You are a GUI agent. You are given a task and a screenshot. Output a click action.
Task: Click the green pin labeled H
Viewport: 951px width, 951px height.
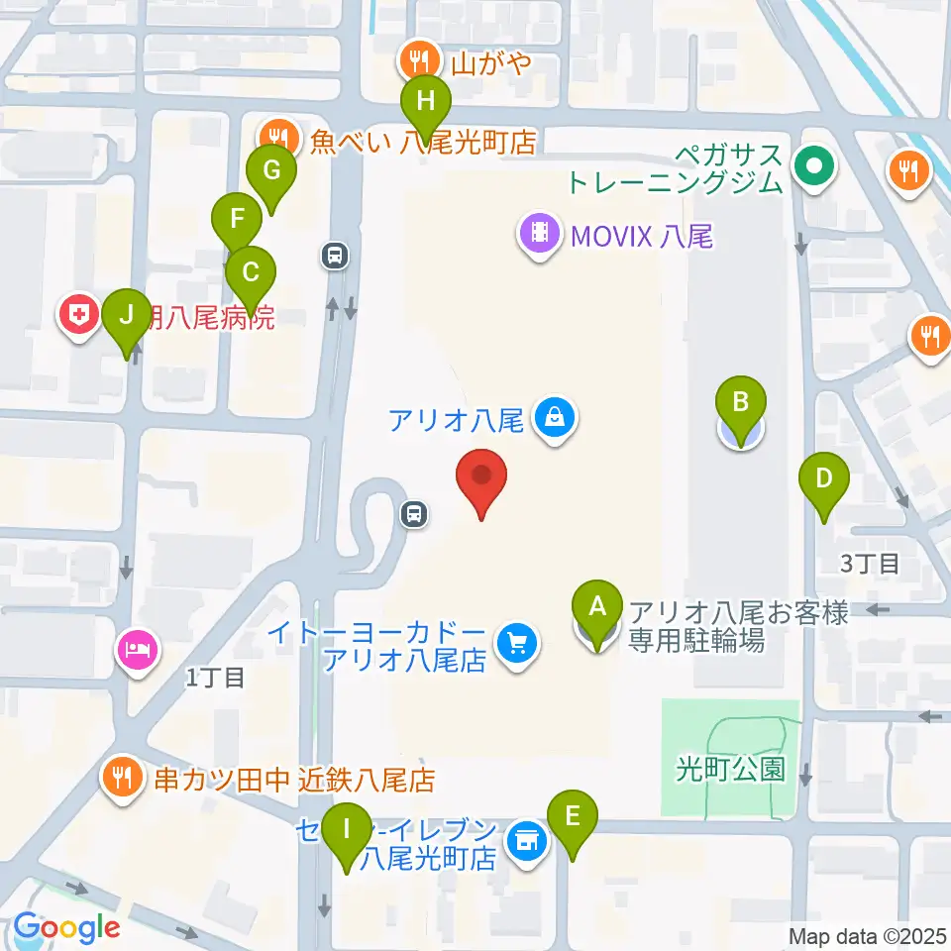425,100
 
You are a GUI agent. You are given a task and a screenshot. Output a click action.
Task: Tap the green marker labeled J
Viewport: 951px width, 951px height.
126,316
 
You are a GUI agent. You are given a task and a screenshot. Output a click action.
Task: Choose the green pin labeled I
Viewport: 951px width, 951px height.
347,826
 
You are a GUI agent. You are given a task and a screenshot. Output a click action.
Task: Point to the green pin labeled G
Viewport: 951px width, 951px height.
270,170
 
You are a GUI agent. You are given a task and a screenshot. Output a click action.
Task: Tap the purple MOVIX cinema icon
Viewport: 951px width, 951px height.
539,235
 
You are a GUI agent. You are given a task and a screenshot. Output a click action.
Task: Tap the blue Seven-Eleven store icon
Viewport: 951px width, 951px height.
525,841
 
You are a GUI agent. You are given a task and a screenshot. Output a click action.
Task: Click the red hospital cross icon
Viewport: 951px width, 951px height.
79,317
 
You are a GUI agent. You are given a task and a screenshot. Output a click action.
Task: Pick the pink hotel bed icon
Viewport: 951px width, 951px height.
137,651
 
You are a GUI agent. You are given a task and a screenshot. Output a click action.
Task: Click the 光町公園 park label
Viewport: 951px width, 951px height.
731,769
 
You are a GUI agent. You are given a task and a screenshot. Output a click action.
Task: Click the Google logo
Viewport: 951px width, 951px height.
66,928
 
